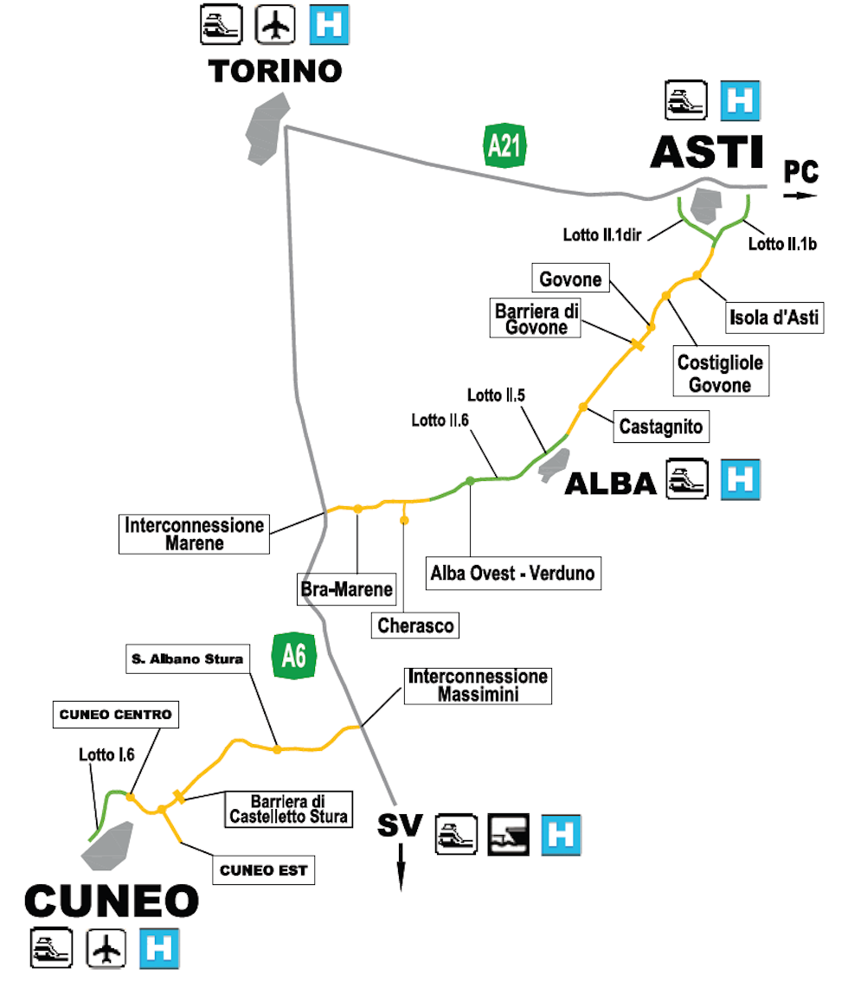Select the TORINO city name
click(276, 71)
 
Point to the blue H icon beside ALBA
click(741, 479)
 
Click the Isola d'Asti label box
click(772, 318)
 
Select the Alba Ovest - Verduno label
click(515, 573)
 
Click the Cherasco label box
click(416, 625)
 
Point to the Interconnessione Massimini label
click(479, 684)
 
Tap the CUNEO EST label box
click(263, 870)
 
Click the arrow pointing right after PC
click(800, 196)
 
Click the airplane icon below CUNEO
click(107, 949)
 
